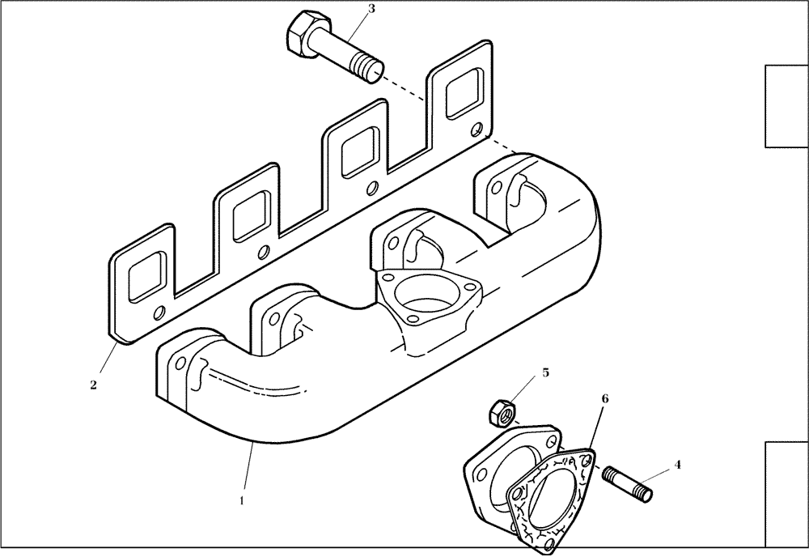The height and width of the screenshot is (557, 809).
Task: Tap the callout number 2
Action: pos(93,385)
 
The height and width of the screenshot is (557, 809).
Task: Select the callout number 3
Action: pos(371,9)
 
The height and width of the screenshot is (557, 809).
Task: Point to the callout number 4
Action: pos(677,465)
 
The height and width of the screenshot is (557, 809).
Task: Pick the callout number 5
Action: pos(545,373)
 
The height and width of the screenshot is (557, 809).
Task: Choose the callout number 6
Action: pos(604,399)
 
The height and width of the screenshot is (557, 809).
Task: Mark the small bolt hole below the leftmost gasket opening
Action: pos(159,312)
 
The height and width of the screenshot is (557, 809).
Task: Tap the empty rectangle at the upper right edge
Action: pos(786,107)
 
